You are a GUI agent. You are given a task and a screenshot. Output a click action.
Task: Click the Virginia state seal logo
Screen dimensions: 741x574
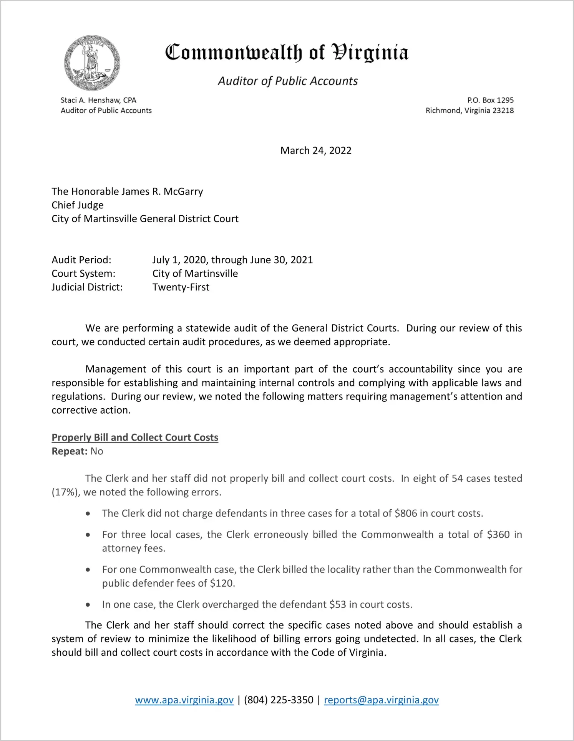point(92,63)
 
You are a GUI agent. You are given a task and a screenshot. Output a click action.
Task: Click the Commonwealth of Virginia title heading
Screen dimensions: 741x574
point(287,53)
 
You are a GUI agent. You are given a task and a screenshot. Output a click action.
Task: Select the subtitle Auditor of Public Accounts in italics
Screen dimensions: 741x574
point(288,81)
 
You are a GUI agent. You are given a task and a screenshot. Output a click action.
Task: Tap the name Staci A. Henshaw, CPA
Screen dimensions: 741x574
point(98,100)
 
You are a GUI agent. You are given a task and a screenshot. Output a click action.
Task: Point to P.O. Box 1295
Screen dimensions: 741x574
point(490,100)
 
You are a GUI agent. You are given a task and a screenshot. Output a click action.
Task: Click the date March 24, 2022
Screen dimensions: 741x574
point(316,150)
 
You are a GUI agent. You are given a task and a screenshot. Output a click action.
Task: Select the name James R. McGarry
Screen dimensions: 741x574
point(157,191)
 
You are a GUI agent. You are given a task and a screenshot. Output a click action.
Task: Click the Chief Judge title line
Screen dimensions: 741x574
point(78,205)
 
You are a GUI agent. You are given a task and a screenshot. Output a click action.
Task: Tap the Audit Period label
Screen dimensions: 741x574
point(81,260)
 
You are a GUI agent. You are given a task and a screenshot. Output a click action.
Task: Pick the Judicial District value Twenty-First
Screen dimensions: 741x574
point(181,287)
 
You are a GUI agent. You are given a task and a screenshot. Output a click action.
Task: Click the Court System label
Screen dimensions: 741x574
point(83,274)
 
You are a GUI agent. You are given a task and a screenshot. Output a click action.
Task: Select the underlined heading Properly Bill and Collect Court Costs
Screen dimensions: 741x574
point(135,437)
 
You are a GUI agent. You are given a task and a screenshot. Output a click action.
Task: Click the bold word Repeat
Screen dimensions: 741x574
point(70,451)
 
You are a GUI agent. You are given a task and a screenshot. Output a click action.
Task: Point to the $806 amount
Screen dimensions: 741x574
point(406,513)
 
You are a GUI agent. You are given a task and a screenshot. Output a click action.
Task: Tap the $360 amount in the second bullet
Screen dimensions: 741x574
point(498,535)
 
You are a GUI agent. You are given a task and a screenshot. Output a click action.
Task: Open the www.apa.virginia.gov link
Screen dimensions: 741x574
point(184,700)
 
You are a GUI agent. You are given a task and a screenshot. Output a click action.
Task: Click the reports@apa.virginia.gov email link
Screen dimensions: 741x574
point(381,700)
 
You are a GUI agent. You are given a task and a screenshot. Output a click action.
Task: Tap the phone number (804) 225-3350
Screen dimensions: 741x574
point(279,700)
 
